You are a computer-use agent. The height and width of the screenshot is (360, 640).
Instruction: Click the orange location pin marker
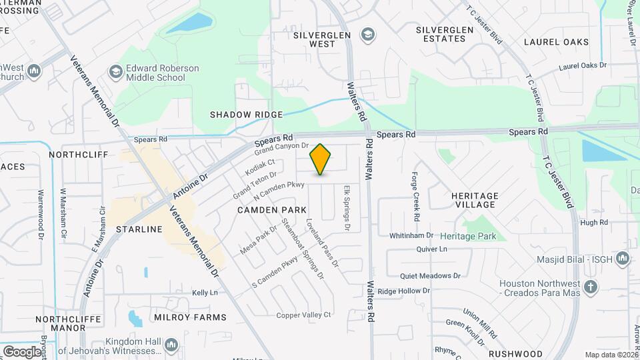point(321,159)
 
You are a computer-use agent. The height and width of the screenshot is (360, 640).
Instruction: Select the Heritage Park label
point(469,237)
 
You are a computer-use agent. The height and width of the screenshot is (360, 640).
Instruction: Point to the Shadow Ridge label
point(246,115)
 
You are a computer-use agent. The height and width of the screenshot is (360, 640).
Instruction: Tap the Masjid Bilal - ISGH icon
point(622,258)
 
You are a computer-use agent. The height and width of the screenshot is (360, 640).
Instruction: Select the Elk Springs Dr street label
point(347,209)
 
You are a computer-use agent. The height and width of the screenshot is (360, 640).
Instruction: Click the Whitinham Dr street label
point(411,235)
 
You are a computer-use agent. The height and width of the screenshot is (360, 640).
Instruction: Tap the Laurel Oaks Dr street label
point(583,66)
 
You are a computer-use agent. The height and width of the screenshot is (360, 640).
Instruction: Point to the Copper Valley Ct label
point(304,315)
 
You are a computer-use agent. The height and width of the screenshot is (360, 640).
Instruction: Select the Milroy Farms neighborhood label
point(190,317)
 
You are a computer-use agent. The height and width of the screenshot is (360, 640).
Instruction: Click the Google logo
point(21,351)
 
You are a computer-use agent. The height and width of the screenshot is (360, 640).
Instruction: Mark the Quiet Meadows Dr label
point(430,275)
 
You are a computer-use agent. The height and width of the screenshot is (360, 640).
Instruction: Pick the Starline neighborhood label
point(139,229)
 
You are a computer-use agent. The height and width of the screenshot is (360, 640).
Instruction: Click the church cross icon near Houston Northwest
point(589,287)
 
